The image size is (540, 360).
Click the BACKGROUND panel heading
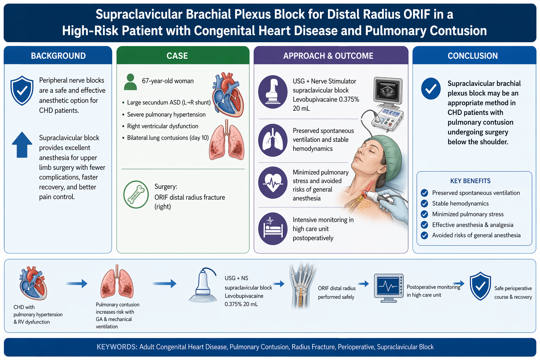[58, 56]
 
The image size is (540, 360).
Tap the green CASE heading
[177, 56]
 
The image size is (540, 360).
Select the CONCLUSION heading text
[472, 56]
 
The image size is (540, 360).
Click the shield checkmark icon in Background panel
[22, 90]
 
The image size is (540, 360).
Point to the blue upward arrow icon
[22, 145]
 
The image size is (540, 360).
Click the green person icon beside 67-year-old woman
[130, 82]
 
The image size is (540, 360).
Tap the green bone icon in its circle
[136, 194]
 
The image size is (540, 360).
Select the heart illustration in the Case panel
[228, 95]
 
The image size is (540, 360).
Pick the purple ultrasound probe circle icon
[273, 92]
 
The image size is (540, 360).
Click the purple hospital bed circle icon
[273, 229]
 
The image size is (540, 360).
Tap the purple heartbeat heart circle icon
[273, 182]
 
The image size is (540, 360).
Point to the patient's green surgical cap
[388, 154]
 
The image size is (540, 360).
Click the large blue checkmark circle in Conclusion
[431, 89]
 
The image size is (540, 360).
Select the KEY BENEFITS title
[470, 181]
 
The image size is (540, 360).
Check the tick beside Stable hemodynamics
[424, 204]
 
